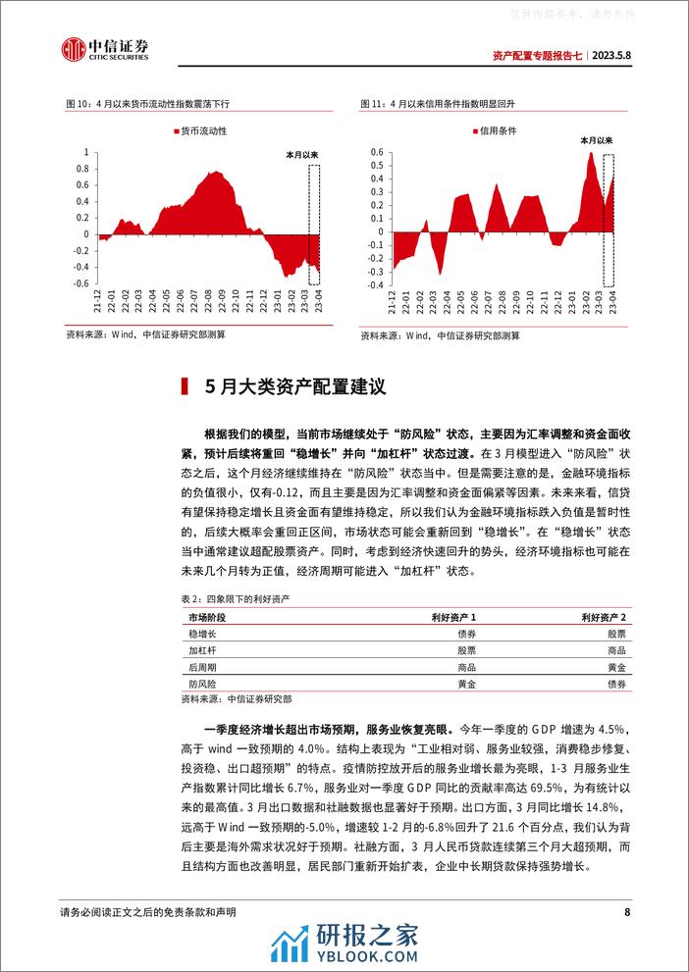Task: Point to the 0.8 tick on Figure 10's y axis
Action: coord(85,172)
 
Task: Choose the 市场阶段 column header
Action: coord(206,617)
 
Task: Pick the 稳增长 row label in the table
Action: coord(202,634)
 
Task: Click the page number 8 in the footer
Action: coord(626,913)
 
